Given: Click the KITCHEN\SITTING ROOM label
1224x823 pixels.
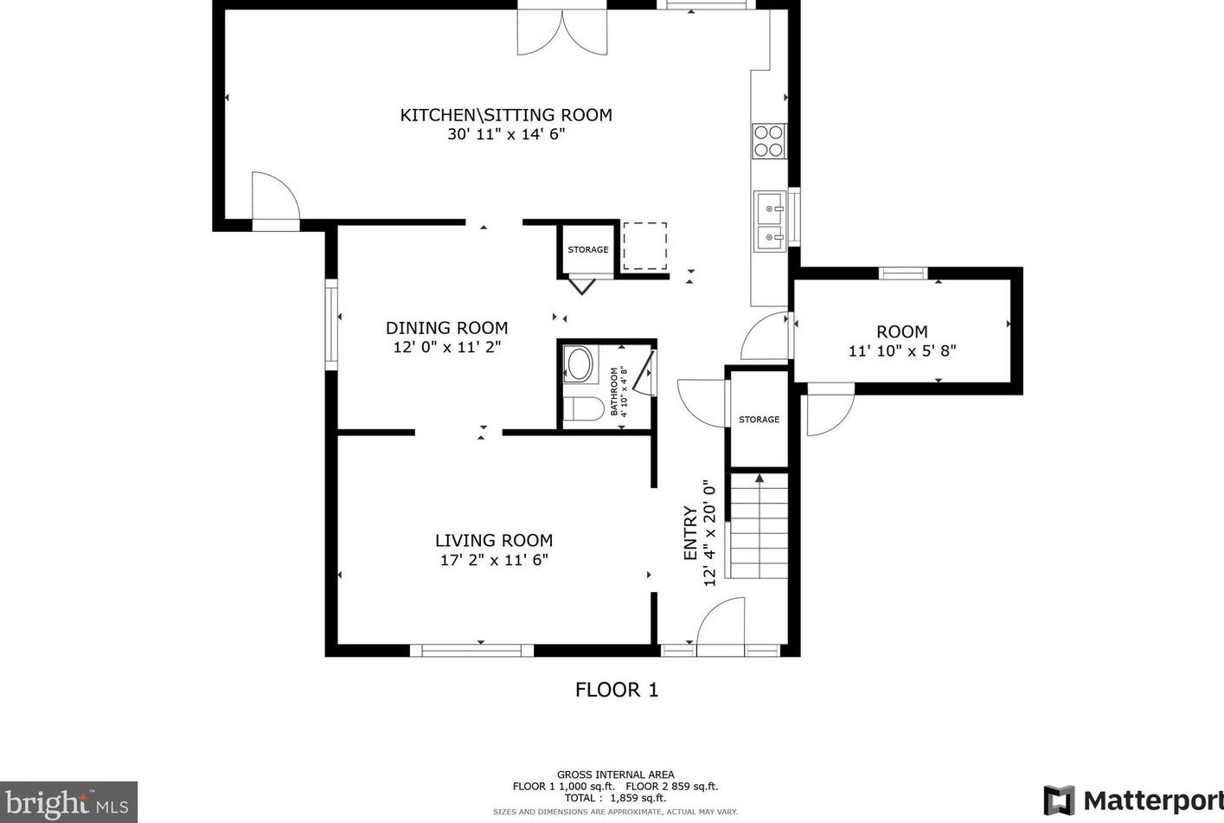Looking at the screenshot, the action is coord(506,115).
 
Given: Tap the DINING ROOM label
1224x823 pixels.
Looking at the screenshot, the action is coord(447,328).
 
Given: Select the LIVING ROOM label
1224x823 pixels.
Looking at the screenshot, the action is coord(494,541).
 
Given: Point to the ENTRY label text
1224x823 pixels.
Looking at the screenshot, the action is coord(690,533).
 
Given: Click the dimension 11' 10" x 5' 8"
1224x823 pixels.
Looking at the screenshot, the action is coord(902,351).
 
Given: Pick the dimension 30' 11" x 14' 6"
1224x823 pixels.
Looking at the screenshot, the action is coord(506,134).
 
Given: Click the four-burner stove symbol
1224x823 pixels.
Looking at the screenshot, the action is coord(769,141).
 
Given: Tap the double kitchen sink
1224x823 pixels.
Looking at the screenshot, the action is coord(770,222).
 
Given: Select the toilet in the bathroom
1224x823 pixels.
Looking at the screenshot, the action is coord(583,408).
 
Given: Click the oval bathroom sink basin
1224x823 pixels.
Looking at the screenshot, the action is coord(579,363).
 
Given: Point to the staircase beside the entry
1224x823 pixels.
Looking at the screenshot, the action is coord(759,525).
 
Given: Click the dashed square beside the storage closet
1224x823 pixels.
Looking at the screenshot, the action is coord(644,246).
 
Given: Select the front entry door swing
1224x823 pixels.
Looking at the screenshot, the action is coord(721,627).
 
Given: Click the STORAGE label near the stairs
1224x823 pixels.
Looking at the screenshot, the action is coord(759,420).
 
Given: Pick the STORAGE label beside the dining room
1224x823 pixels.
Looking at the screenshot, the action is coord(588,250).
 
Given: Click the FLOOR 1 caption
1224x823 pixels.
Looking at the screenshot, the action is coord(617,690).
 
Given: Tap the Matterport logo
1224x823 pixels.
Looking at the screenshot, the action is coord(1133,801).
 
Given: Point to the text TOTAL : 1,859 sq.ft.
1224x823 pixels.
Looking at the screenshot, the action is coord(615,798).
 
